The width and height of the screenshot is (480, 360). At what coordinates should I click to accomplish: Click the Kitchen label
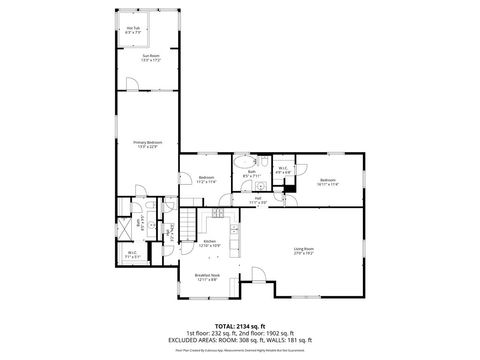[x=210, y=242]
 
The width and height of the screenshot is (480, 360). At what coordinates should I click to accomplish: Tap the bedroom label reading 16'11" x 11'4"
[x=328, y=181]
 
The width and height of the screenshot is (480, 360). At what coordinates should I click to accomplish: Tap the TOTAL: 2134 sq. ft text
[x=240, y=325]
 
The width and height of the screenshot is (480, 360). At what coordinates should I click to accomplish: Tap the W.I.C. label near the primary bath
[x=132, y=254]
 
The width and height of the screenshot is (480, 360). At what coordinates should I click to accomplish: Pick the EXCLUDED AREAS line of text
[x=240, y=340]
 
